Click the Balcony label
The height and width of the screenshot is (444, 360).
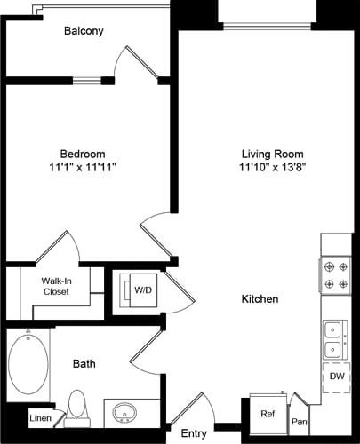(x=84, y=31)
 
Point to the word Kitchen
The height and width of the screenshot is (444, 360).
(x=260, y=299)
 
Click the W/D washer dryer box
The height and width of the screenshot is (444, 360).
(x=141, y=290)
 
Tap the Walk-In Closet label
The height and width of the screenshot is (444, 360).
(x=56, y=290)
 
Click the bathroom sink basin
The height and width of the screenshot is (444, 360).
(x=124, y=413)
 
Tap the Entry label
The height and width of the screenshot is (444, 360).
(x=194, y=432)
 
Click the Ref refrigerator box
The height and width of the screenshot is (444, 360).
(x=266, y=413)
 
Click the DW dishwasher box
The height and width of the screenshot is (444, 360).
(x=336, y=377)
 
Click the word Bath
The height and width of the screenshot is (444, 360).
(x=84, y=364)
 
